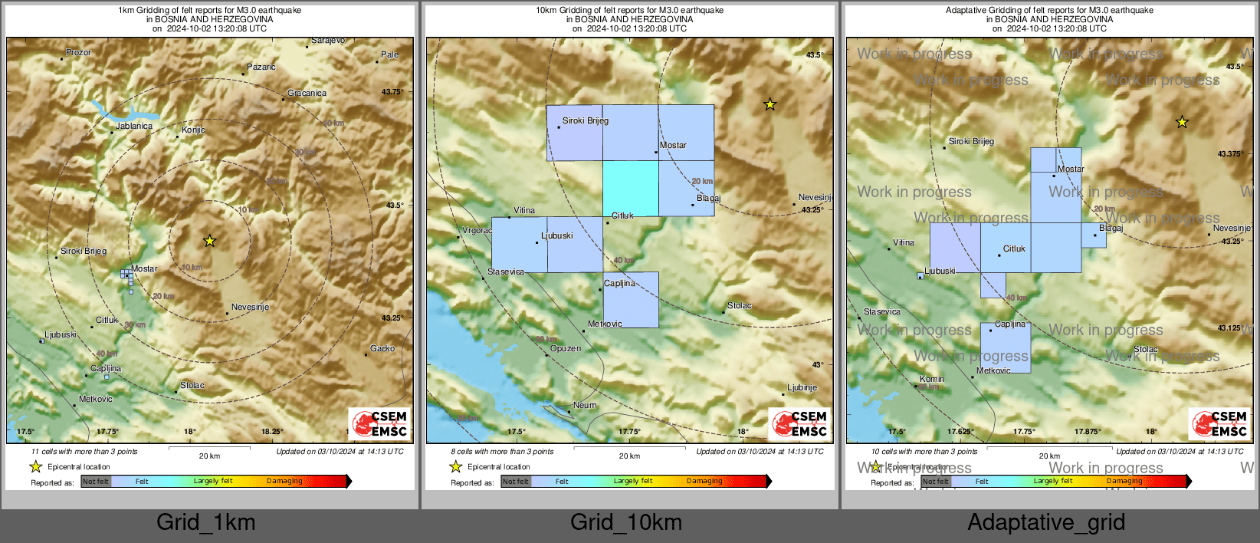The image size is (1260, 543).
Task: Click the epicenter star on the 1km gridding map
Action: tap(209, 241)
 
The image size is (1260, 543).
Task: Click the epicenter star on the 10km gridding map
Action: tap(770, 104)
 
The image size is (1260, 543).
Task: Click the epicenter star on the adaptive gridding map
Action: tap(1182, 122)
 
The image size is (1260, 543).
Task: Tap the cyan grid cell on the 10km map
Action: tap(630, 188)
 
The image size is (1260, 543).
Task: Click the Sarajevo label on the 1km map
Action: tap(328, 41)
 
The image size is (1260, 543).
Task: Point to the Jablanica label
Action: tap(134, 126)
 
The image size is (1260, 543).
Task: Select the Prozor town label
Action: tap(78, 52)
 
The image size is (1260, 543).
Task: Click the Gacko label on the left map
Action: tap(382, 348)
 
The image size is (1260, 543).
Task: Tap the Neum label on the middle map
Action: tap(585, 405)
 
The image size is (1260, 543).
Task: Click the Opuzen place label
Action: tap(566, 348)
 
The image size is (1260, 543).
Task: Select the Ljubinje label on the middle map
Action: tap(802, 387)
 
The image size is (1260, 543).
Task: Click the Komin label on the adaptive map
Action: tap(932, 379)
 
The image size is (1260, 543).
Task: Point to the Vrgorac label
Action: tap(477, 230)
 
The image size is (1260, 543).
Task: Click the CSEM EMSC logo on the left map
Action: tap(379, 423)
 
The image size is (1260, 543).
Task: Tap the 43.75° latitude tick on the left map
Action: tap(392, 92)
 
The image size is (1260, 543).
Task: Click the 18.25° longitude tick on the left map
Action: tap(272, 432)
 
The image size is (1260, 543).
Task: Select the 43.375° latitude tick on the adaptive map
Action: tap(1230, 154)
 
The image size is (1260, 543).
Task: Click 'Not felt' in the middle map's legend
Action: tap(516, 482)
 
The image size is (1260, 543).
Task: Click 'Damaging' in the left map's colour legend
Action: tap(284, 482)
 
